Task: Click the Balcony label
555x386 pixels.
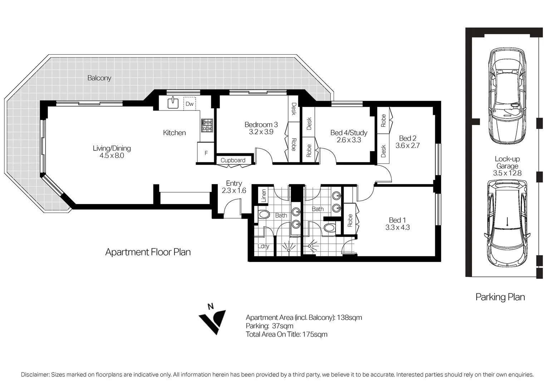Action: pos(99,78)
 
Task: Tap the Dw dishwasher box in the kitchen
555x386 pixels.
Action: pos(190,104)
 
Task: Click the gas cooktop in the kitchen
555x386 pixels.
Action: pos(207,125)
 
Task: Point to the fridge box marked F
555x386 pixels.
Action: pos(206,153)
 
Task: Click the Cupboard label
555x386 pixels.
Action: pos(233,160)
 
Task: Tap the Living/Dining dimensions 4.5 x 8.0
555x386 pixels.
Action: pos(112,155)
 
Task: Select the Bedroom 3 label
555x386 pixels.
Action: pos(261,124)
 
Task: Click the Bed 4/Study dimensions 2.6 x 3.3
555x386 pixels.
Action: pos(349,140)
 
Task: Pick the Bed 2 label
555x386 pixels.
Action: pos(408,138)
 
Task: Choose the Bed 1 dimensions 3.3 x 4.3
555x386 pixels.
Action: pos(397,227)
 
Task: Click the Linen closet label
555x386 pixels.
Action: pos(264,196)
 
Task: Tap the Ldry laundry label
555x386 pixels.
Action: pos(263,246)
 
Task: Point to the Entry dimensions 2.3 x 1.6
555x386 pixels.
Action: pos(234,190)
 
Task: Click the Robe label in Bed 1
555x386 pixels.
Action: pos(350,221)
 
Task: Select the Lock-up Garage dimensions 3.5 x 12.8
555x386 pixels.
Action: pos(507,173)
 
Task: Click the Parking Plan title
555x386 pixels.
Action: pos(500,297)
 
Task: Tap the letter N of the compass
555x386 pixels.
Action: pos(211,307)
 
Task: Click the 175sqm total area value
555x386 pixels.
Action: pos(315,334)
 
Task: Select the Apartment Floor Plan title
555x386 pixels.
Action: pos(148,252)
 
